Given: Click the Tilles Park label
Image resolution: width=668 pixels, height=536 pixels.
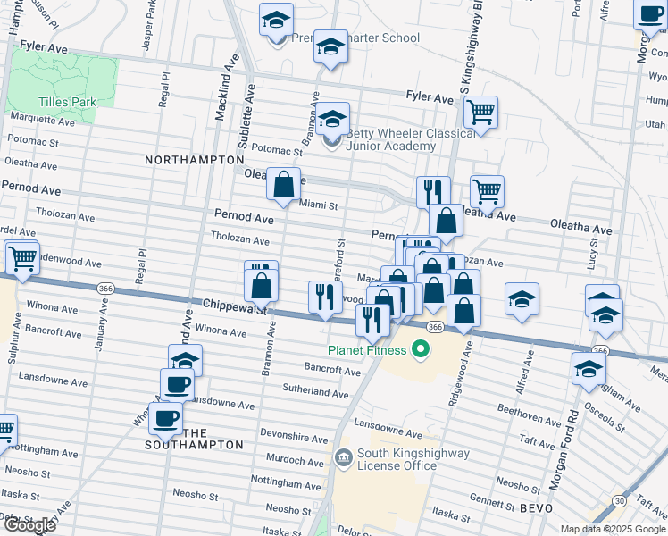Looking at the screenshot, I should point(67,102).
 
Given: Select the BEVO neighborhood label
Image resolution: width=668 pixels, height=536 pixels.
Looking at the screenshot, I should point(536,507).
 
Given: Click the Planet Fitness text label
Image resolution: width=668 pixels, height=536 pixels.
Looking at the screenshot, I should point(365,350).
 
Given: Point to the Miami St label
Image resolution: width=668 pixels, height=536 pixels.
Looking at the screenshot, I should point(318,205).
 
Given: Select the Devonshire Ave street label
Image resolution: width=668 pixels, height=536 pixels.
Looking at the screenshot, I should point(296,439).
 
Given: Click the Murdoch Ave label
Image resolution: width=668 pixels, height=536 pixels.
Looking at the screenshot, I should point(296,459).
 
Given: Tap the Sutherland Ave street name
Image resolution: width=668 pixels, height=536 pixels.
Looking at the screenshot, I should point(315,393).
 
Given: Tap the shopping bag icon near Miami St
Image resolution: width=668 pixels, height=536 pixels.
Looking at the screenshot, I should point(283,185).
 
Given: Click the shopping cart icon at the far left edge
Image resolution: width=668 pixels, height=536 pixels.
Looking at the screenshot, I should point(22,258).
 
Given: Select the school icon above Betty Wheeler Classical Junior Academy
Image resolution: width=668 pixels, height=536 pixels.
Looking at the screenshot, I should point(332,120).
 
